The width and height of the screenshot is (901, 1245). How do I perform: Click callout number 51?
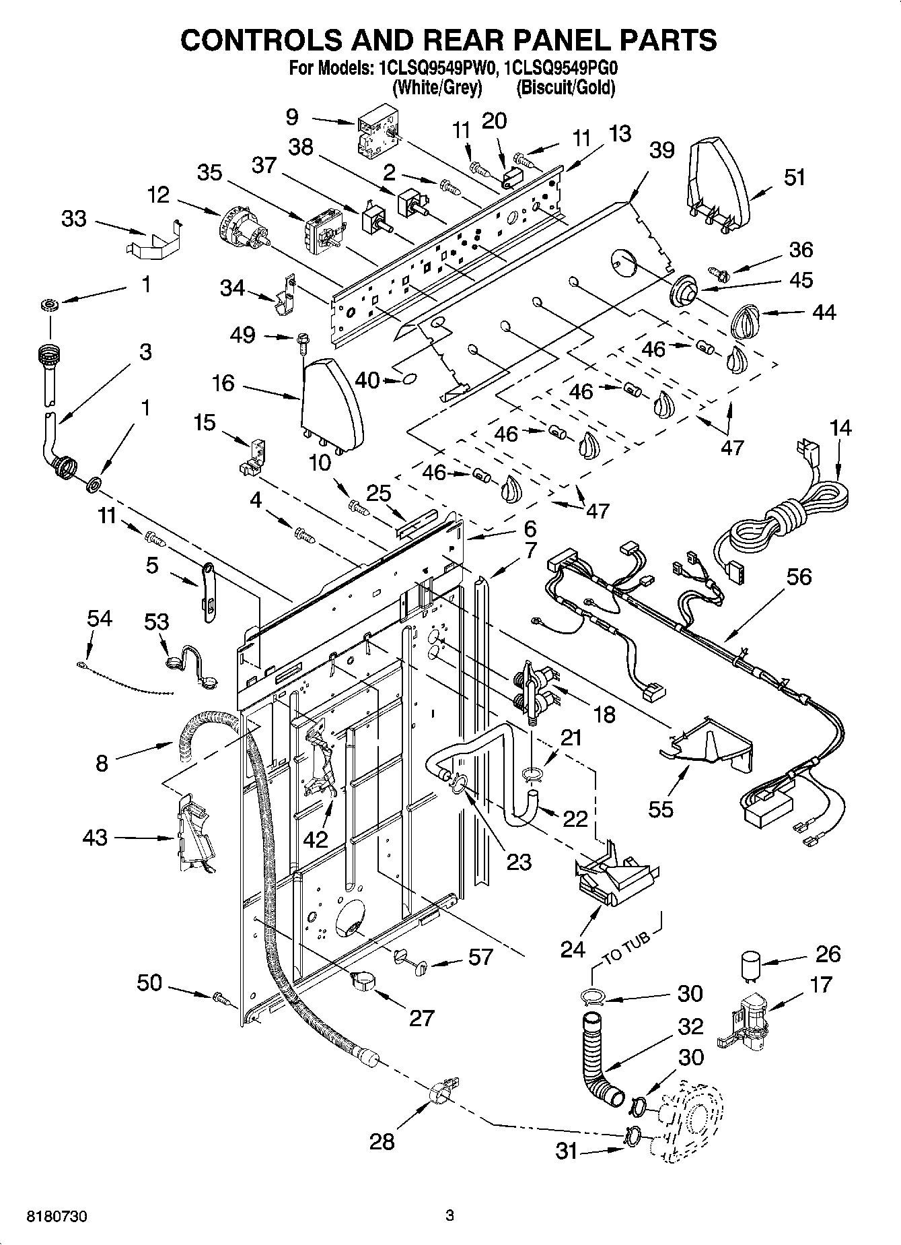pos(795,178)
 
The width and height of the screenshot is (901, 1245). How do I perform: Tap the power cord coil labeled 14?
pos(794,518)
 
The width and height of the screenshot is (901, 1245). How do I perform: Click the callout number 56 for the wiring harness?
pos(799,577)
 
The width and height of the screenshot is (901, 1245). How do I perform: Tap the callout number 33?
pos(74,219)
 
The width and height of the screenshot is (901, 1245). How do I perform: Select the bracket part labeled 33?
pos(155,240)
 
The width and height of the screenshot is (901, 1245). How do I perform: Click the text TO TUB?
pos(626,948)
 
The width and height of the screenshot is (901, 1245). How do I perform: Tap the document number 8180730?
pos(57,1217)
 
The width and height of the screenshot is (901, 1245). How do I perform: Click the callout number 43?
pos(95,838)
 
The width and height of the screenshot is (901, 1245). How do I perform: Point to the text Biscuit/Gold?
pos(565,88)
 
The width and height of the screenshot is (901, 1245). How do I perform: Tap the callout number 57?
pos(480,957)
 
